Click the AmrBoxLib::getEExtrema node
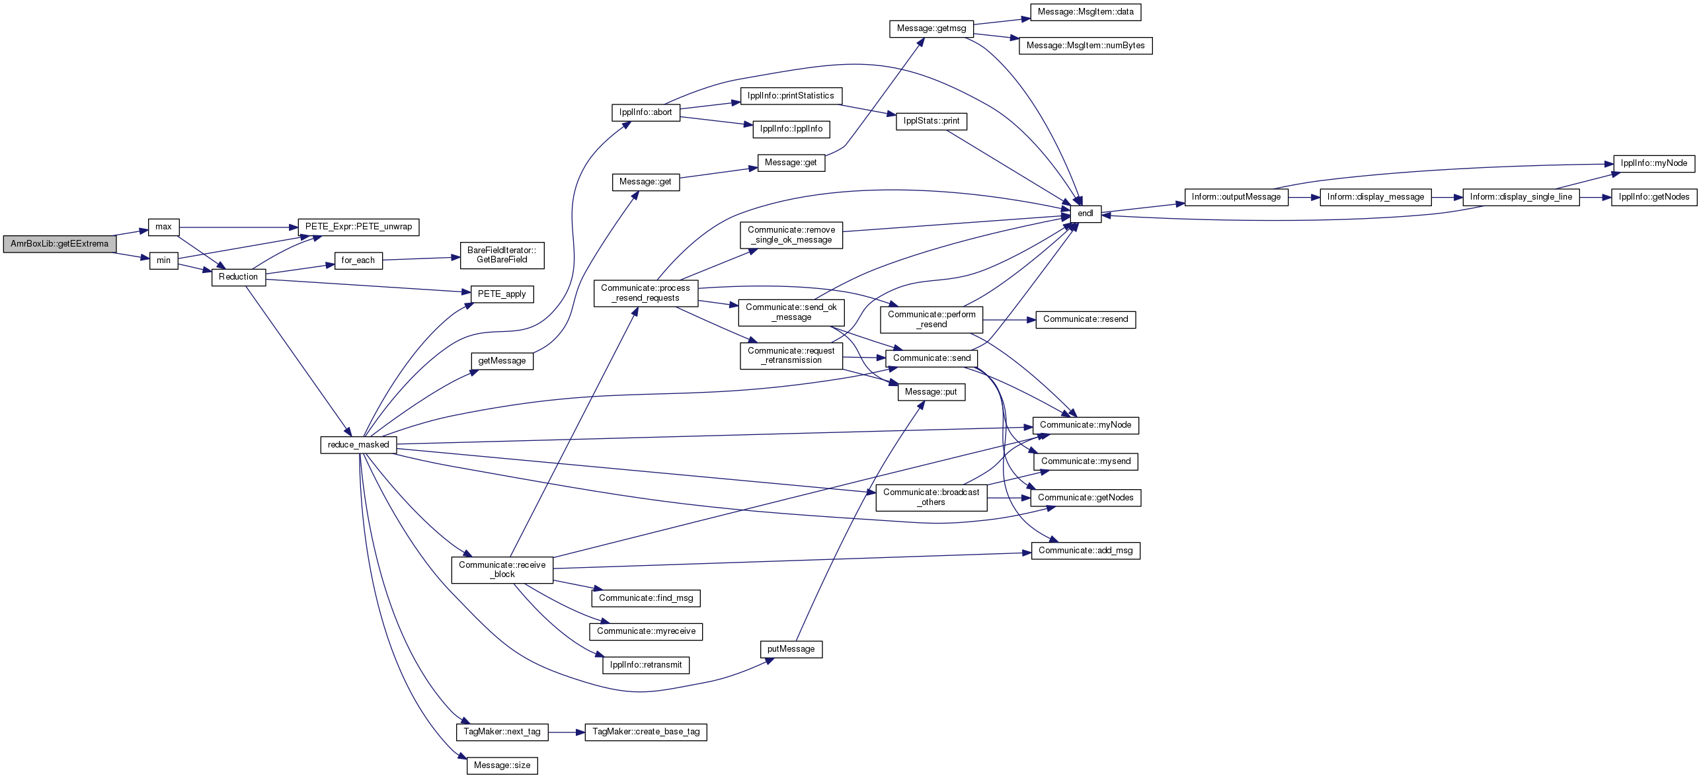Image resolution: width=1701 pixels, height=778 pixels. coord(59,244)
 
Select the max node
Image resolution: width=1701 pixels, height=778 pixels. coord(163,227)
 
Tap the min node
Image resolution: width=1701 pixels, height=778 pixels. coord(163,260)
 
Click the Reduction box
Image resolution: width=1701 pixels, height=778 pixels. coord(239,277)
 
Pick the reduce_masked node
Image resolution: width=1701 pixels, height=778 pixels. coord(358,445)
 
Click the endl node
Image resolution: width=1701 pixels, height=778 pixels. coord(1086,214)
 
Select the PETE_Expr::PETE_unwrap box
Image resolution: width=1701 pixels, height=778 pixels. coord(358,227)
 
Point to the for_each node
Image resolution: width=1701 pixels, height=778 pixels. coord(358,260)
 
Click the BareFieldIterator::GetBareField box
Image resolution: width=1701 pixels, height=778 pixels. coord(502,255)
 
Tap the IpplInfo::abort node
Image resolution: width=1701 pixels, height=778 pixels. coord(646,112)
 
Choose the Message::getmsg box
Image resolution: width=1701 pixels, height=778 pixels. coord(931,29)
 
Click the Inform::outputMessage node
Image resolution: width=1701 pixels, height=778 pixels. coord(1236,197)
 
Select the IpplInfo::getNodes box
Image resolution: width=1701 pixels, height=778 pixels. coord(1654,197)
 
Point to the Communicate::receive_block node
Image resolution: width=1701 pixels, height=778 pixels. coord(502,570)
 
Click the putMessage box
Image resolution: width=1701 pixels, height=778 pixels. coord(791,649)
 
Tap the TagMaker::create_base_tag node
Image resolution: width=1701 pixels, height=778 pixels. coord(646,732)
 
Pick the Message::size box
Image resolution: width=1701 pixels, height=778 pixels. coord(502,765)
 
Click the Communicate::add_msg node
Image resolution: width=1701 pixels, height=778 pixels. coord(1086,551)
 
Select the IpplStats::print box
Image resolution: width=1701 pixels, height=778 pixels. coord(931,122)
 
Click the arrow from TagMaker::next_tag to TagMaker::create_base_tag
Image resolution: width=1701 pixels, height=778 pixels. coord(567,732)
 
